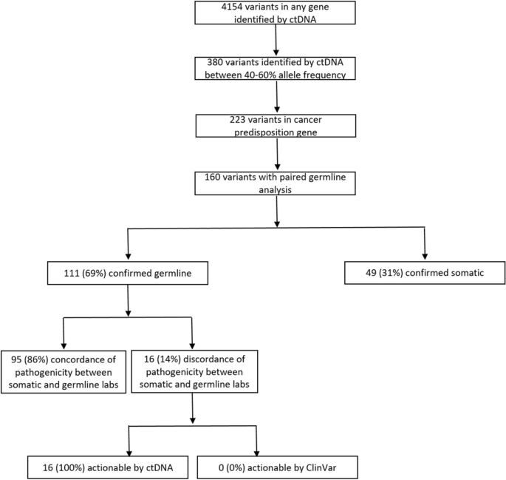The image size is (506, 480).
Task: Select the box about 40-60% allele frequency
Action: [276, 67]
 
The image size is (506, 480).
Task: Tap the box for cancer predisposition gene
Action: [276, 125]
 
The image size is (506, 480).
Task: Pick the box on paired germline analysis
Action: [276, 182]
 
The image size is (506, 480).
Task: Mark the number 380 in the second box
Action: [210, 61]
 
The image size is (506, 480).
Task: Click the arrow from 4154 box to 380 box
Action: [276, 41]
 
